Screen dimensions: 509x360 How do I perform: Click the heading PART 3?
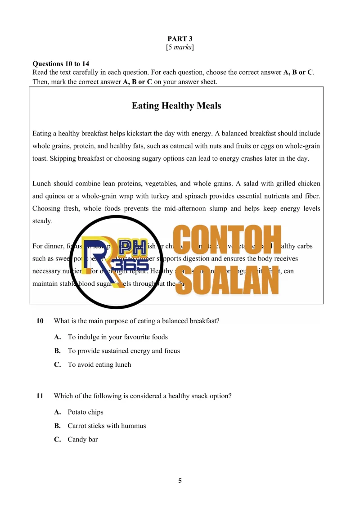(180, 39)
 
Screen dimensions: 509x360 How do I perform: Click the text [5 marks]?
(180, 47)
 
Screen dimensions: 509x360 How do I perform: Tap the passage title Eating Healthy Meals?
(176, 106)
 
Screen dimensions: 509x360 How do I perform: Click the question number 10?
(40, 321)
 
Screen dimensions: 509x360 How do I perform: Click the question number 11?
(40, 396)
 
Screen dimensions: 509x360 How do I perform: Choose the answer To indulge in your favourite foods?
(117, 337)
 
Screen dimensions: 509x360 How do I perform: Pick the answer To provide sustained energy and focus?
(124, 351)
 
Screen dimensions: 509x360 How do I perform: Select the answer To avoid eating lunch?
(99, 365)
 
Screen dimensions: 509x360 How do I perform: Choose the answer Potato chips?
(85, 412)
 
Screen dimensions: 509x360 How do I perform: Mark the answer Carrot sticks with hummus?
(107, 426)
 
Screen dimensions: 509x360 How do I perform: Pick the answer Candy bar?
(83, 440)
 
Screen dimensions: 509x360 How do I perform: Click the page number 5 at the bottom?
(180, 481)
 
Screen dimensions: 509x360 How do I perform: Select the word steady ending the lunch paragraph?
(42, 221)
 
